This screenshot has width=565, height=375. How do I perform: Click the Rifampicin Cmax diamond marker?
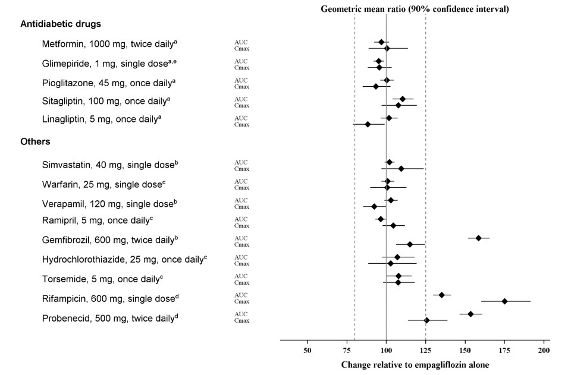[x=504, y=301]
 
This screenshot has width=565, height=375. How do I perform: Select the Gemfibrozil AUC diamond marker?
[x=479, y=238]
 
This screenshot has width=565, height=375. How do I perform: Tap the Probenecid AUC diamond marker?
[x=470, y=314]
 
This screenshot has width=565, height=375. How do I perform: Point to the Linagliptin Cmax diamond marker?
[x=368, y=124]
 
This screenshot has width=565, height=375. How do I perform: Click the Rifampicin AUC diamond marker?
[x=441, y=295]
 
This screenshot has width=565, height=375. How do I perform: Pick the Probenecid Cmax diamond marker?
[x=426, y=320]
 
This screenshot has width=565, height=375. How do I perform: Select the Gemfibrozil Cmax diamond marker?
[x=410, y=244]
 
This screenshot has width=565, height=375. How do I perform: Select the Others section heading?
[x=35, y=142]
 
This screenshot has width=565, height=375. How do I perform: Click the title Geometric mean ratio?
[x=415, y=9]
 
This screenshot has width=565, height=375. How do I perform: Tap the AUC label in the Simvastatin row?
[x=241, y=162]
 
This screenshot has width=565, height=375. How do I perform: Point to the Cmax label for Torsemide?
[x=241, y=282]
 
